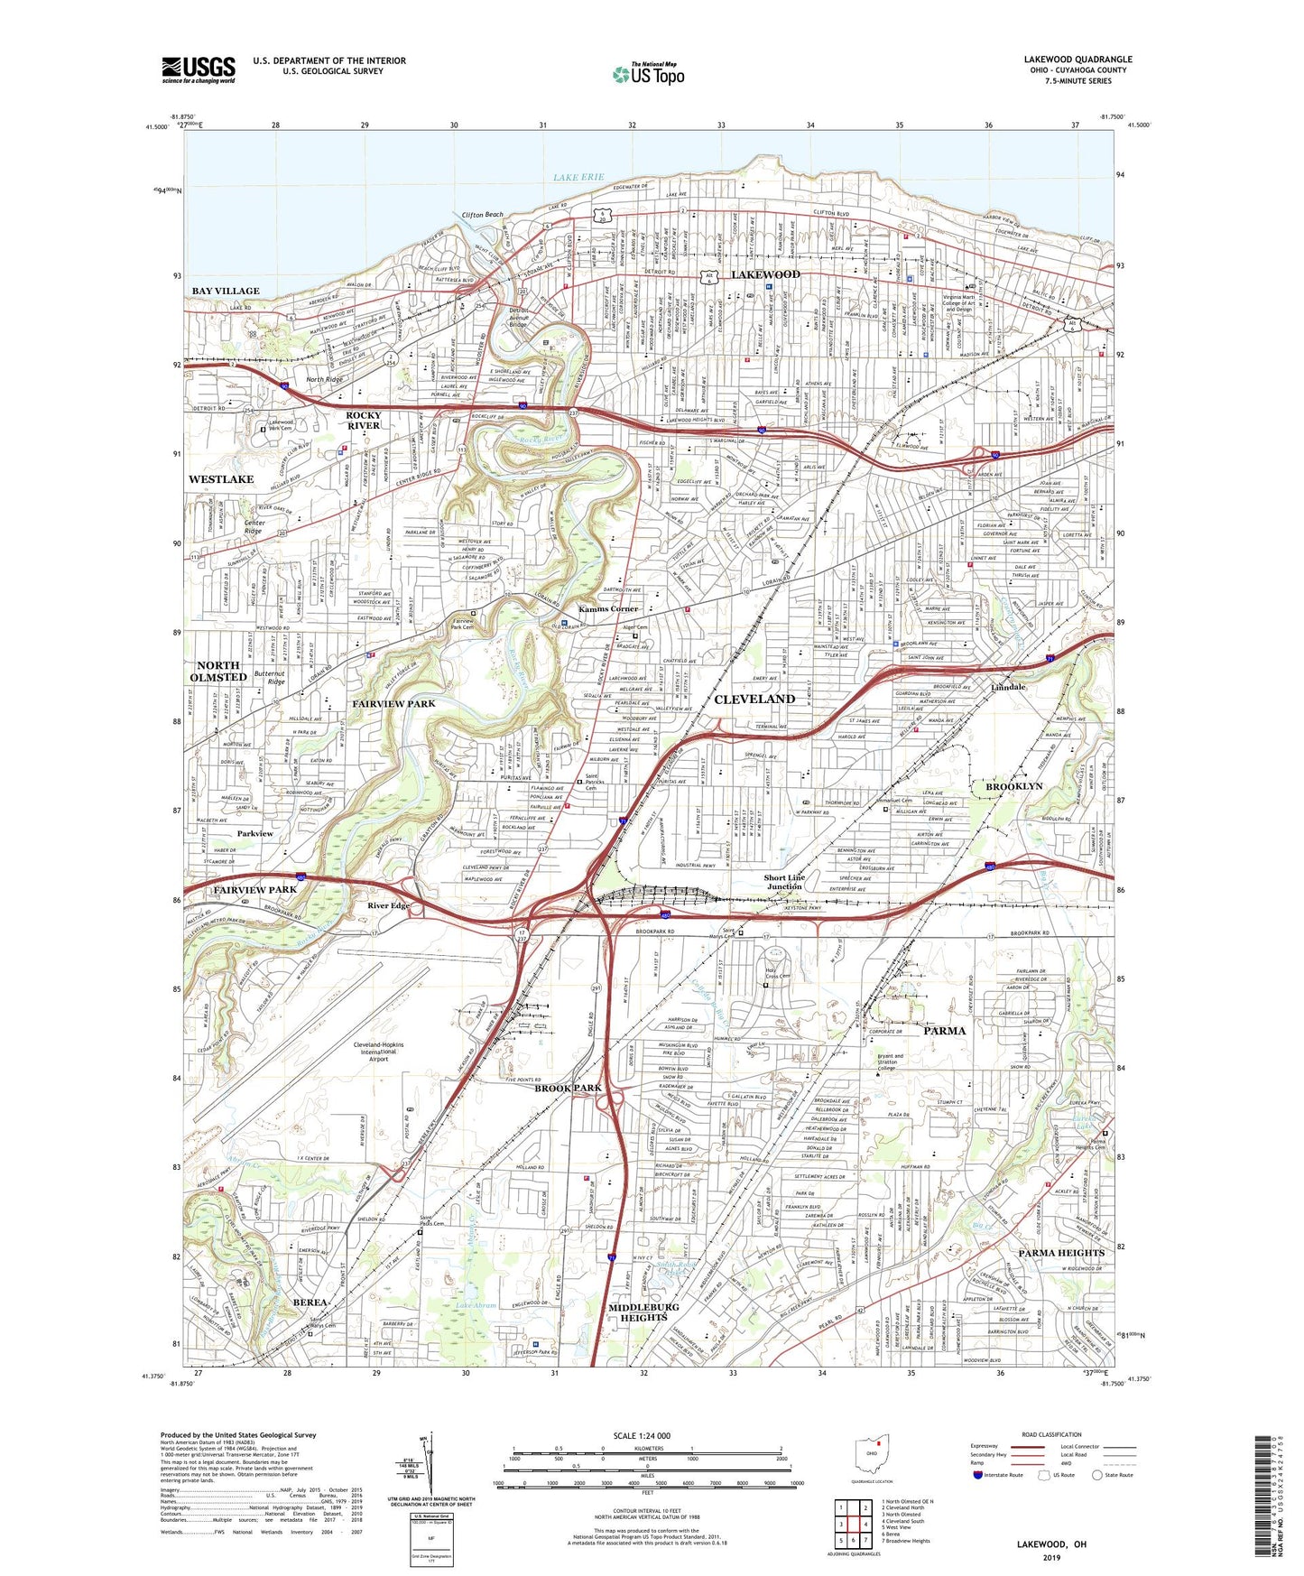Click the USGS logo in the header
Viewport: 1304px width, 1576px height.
[199, 69]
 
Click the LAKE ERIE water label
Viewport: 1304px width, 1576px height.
[578, 178]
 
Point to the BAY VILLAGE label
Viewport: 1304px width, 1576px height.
[226, 291]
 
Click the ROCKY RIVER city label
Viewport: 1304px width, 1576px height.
[364, 420]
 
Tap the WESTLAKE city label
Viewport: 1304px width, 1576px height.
[221, 479]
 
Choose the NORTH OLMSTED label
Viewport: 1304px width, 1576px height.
[218, 671]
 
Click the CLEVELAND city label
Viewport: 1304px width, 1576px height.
[754, 700]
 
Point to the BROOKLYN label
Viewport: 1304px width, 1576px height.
[1013, 786]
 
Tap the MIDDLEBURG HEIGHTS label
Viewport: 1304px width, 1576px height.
[637, 1312]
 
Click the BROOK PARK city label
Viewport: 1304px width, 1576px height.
[568, 1088]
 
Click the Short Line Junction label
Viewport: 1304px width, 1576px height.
[784, 882]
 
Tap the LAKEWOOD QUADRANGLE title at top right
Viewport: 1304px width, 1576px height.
[1077, 60]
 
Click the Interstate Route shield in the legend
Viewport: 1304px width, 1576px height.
[978, 1475]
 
